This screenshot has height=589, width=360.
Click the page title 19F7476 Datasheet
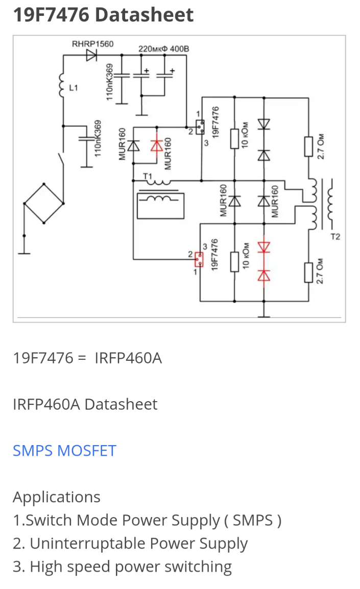[103, 14]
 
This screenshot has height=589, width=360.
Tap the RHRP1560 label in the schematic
[92, 44]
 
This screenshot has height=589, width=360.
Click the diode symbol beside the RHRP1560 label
[92, 55]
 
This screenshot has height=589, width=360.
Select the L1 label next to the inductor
[74, 88]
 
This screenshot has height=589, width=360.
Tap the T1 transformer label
[149, 177]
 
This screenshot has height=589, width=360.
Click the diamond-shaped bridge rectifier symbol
[44, 203]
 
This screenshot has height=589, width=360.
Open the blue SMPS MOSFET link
[64, 451]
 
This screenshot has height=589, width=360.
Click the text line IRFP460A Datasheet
[85, 404]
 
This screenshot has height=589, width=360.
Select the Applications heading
[56, 497]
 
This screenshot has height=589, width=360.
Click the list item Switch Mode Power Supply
[147, 520]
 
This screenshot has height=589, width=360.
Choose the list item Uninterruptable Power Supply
[130, 544]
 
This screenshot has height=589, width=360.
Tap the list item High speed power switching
[122, 567]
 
